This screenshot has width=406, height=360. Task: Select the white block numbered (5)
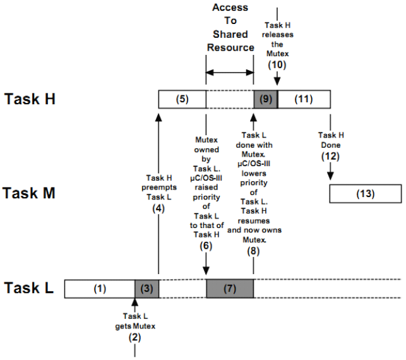point(182,99)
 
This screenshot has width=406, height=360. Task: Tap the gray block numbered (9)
point(265,99)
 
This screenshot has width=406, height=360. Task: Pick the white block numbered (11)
point(304,99)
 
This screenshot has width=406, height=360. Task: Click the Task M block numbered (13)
point(364,194)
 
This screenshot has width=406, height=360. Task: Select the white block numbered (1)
point(99,289)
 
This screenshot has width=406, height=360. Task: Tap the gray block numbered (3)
point(146,289)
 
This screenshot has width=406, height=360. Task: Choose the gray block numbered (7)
point(230,289)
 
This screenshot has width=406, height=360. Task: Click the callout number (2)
point(134,337)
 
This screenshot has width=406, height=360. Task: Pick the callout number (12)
point(329,154)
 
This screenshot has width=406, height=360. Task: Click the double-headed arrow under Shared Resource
point(230,74)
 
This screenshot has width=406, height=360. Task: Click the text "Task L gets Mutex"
point(134,320)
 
